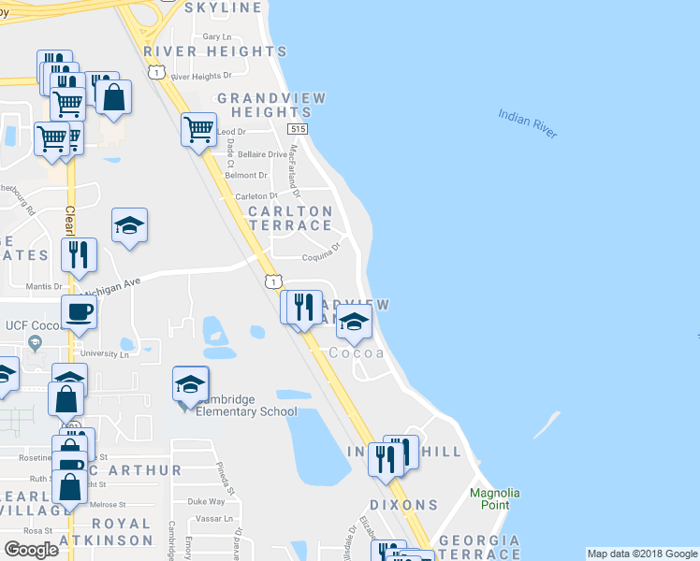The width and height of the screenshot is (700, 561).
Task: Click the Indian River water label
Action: coord(528,123)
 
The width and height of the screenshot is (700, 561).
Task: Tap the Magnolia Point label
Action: coord(495,499)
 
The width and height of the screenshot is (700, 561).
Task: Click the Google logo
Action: coord(32,549)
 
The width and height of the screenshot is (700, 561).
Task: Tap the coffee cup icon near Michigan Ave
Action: coord(79,311)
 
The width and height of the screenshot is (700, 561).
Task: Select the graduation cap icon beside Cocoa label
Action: coord(353,324)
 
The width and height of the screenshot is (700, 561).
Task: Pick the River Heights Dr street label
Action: coord(200,77)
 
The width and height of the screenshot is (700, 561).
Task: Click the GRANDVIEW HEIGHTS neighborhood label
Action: coord(258,105)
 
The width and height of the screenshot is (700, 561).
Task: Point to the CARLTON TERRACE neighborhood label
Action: coord(289,219)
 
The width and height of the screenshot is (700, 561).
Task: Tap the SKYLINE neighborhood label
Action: coord(224,7)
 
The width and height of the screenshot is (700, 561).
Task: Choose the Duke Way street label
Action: coord(206,502)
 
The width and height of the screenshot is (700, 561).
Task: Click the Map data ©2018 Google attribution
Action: coord(643,554)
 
